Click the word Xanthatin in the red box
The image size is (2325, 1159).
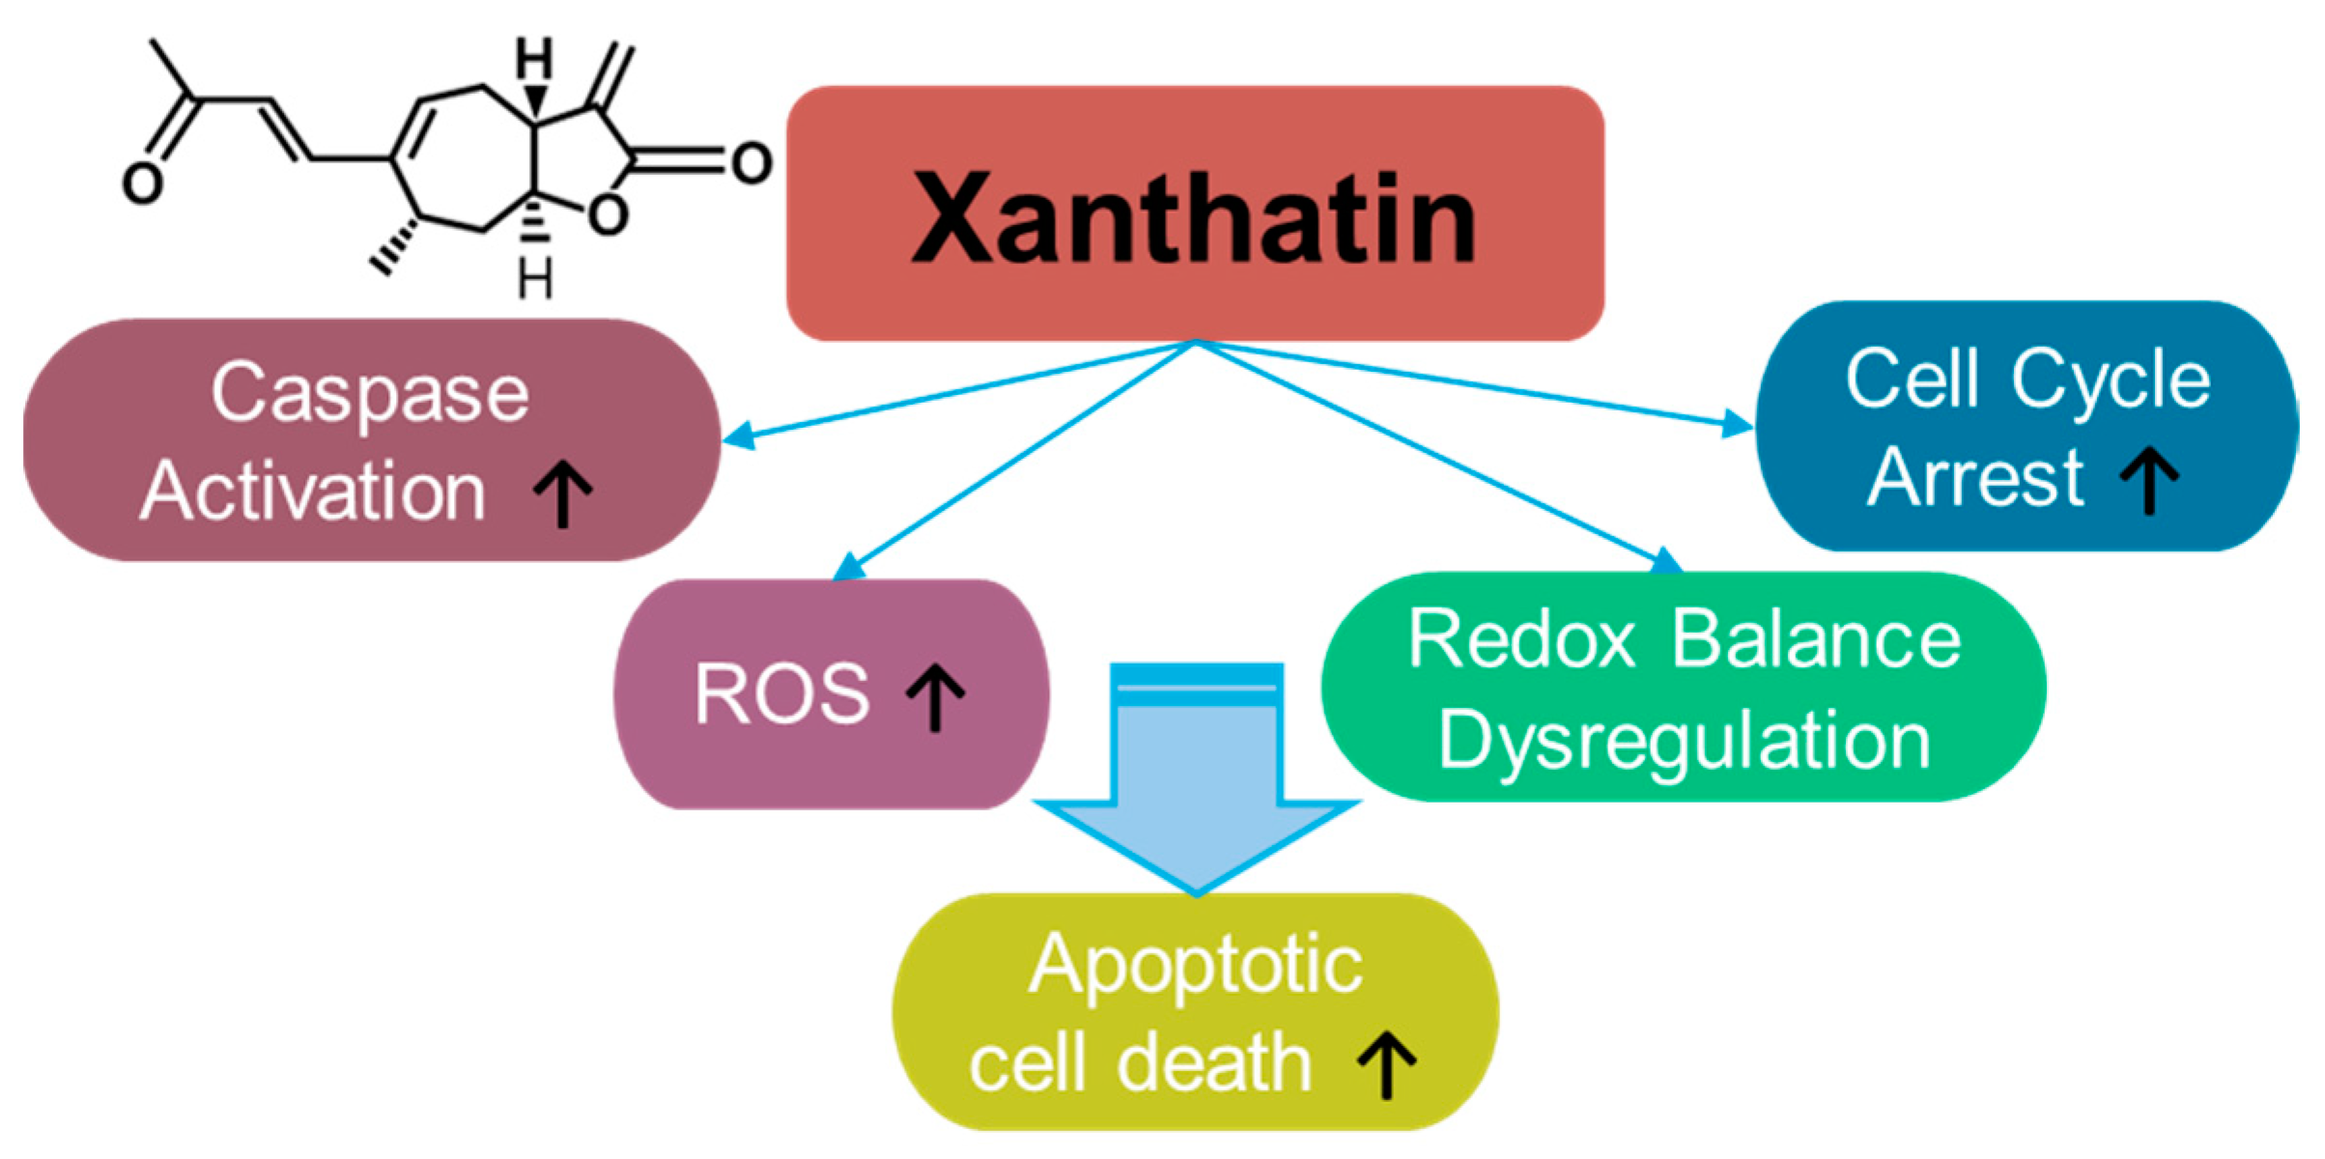[x=1194, y=217]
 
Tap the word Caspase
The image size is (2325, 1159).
[x=370, y=394]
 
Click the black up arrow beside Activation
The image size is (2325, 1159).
[x=563, y=493]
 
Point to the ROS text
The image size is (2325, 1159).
[x=781, y=693]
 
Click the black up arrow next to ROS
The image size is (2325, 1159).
[x=935, y=695]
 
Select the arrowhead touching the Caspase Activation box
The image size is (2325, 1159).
[x=739, y=437]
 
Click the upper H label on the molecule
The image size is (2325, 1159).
[x=534, y=59]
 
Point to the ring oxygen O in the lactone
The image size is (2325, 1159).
[x=608, y=214]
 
